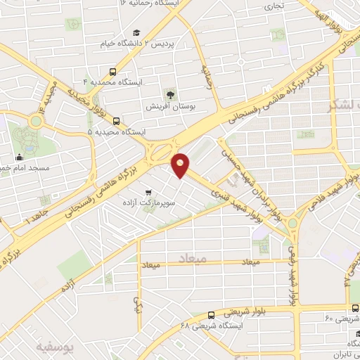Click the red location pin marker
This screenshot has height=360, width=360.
(181, 165)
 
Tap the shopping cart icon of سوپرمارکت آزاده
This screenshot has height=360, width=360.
(148, 192)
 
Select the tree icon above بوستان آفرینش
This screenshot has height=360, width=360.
(170, 94)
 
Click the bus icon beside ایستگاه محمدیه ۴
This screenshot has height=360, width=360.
(112, 72)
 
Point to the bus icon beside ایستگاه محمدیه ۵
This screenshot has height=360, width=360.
(116, 120)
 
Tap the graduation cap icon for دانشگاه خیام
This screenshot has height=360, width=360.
(136, 32)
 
